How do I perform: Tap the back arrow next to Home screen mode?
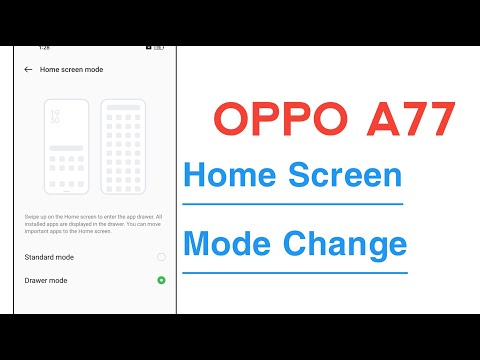pos(27,70)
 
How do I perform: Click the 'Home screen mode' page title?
pos(71,70)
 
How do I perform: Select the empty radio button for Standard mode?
pos(161,257)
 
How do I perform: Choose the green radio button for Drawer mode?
pos(161,280)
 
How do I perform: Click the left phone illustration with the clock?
pos(66,146)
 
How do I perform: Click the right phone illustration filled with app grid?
pos(124,146)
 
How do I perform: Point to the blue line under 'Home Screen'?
pos(292,204)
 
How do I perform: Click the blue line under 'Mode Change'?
pos(294,271)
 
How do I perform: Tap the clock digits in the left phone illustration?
pos(54,117)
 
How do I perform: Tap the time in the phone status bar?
pos(44,47)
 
